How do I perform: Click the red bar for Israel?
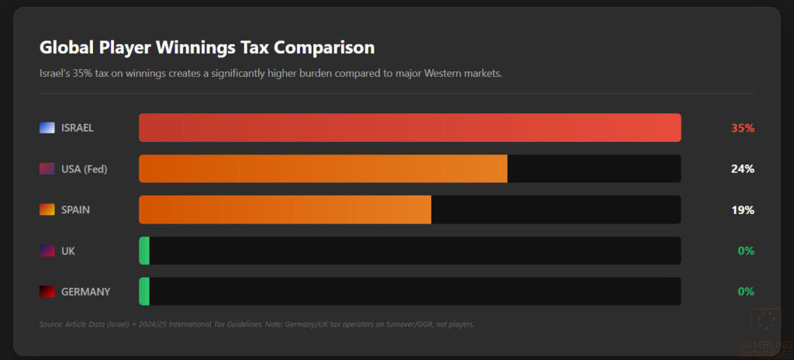409,128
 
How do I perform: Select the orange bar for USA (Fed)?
323,169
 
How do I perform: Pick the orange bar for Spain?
285,209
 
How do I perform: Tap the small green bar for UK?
144,251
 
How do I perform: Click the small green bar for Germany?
144,292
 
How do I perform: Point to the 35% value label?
742,128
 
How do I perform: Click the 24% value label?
742,169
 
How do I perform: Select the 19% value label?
742,209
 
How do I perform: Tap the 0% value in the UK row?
746,251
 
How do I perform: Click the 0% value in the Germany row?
746,292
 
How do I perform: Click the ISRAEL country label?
77,128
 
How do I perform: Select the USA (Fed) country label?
84,169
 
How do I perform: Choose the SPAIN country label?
74,209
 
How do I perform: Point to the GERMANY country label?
85,292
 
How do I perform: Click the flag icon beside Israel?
47,128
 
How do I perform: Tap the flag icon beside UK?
47,251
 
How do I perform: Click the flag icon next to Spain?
47,209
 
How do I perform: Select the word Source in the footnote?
50,324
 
